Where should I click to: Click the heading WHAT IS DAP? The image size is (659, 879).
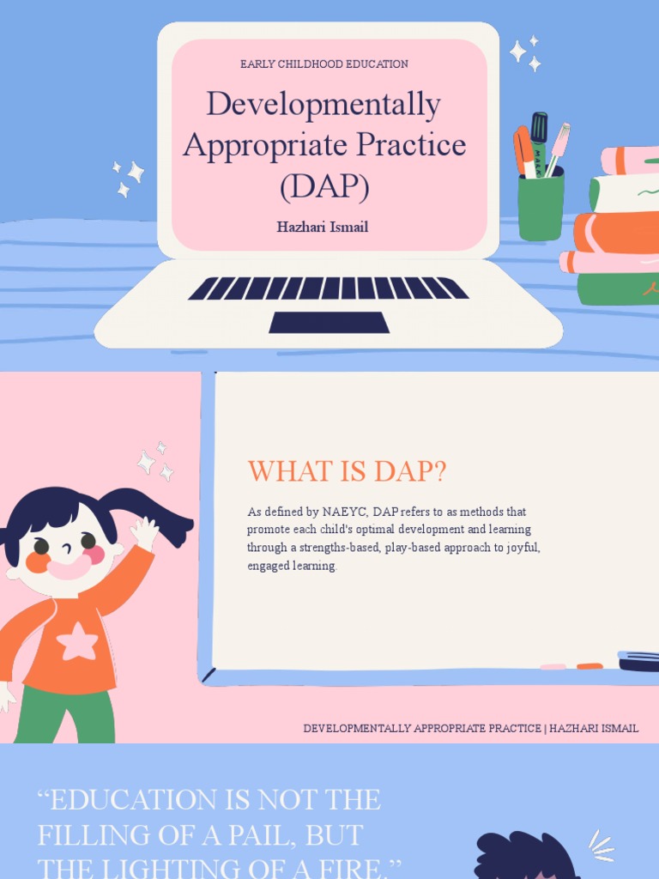[x=347, y=471]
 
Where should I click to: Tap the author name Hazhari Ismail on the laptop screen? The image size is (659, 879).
[x=322, y=227]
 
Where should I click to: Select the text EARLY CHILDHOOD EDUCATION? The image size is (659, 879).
[x=323, y=64]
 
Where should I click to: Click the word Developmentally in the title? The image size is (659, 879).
[x=323, y=105]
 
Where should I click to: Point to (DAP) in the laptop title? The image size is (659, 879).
[x=323, y=185]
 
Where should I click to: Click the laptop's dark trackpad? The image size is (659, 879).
[x=329, y=323]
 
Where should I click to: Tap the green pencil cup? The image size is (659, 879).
[x=541, y=209]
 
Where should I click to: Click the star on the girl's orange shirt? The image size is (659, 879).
[x=77, y=641]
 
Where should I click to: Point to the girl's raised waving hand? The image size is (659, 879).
[x=145, y=533]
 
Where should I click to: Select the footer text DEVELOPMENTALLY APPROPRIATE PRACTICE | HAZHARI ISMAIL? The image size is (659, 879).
[x=470, y=729]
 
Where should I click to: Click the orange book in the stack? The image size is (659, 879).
[x=615, y=232]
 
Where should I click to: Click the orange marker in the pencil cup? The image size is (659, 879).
[x=523, y=150]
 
